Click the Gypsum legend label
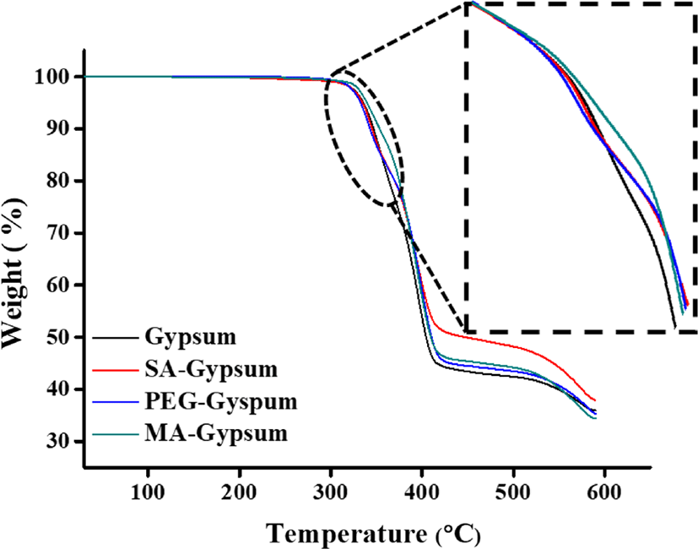tap(191, 338)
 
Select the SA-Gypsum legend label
tap(211, 369)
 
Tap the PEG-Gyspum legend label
tap(221, 402)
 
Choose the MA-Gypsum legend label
tap(216, 433)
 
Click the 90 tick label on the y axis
tap(60, 129)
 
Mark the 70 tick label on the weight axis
tap(60, 233)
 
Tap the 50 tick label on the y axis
tap(60, 337)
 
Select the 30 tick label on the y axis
tap(60, 442)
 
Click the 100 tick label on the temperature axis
tap(148, 492)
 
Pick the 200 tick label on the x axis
tap(240, 492)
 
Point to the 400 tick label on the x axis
tap(423, 492)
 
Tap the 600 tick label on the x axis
tap(605, 492)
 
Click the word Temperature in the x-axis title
tap(346, 534)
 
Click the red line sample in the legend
tap(116, 370)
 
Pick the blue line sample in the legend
tap(116, 402)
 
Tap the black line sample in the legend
tap(116, 338)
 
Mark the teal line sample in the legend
tap(116, 434)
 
